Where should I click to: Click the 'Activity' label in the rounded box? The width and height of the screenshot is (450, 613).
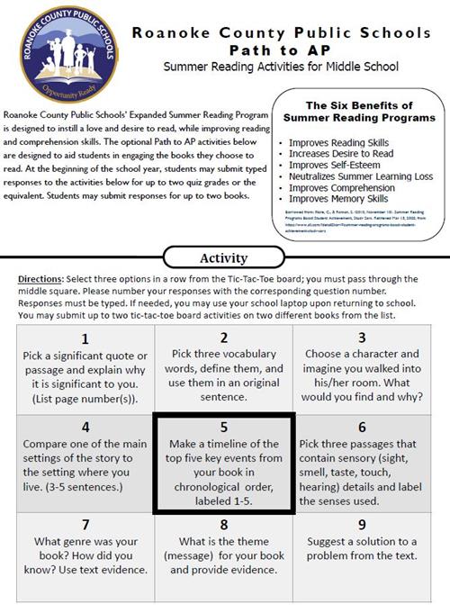224,259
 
